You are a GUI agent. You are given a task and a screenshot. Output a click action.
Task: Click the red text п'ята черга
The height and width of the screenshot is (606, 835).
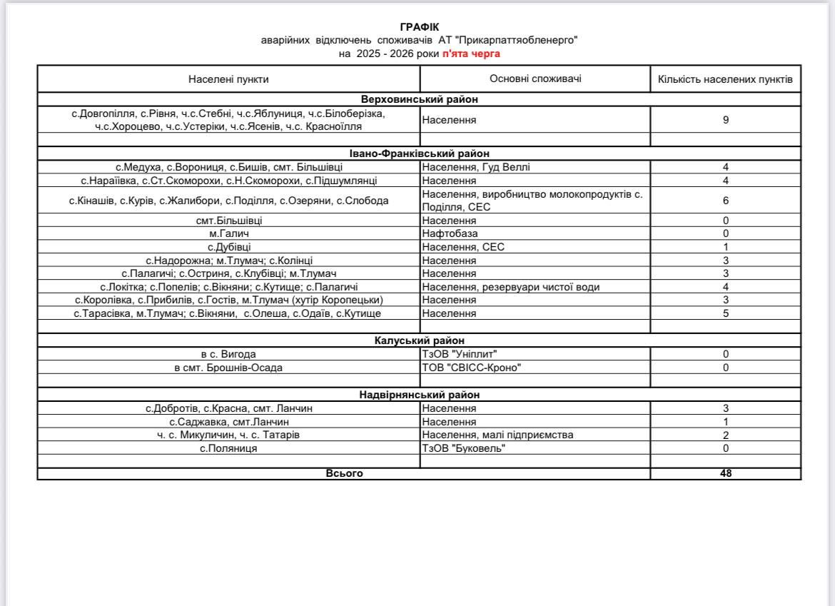(471, 54)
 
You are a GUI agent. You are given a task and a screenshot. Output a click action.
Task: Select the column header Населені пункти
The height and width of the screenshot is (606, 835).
(228, 79)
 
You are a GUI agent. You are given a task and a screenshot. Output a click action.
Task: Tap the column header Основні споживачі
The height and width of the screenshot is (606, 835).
(535, 79)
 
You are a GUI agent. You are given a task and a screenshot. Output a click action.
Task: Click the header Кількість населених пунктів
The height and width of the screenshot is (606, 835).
(725, 79)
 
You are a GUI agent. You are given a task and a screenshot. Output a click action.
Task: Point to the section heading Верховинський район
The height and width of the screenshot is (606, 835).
(420, 99)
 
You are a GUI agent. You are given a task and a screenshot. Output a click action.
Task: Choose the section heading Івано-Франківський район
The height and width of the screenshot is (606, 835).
(420, 153)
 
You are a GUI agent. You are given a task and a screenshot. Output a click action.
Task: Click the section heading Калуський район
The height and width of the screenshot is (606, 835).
(420, 340)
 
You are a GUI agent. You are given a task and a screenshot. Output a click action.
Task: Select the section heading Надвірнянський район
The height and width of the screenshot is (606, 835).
(420, 395)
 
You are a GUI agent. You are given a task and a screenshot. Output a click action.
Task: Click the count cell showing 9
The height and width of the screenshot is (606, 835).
(725, 120)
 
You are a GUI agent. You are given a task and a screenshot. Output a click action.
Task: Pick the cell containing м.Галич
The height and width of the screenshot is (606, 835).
(228, 233)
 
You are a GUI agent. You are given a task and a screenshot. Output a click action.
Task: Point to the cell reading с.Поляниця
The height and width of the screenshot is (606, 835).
(228, 448)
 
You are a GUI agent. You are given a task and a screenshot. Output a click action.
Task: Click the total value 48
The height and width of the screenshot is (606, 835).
(725, 473)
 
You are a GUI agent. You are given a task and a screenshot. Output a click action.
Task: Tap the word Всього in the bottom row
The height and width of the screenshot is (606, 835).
(344, 473)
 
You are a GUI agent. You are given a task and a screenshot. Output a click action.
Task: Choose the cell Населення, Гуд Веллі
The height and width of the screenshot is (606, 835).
(476, 167)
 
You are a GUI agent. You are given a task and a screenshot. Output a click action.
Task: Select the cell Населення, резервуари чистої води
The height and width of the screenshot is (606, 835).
(510, 287)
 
